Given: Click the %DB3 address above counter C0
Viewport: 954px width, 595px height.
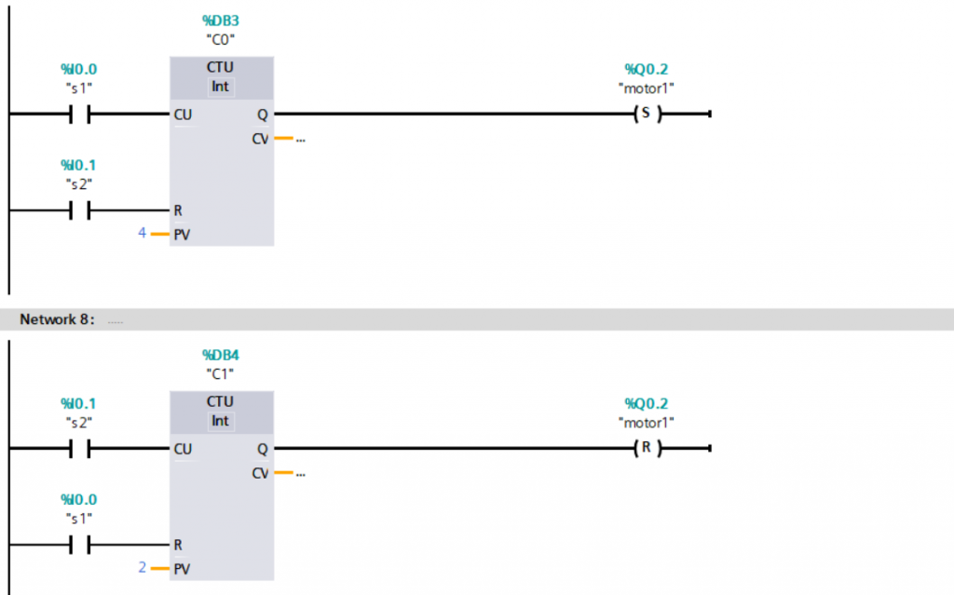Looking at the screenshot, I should (x=220, y=20).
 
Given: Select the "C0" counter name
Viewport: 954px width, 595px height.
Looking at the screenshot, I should (x=220, y=39).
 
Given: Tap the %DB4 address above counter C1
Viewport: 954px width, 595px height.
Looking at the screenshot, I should (x=220, y=355).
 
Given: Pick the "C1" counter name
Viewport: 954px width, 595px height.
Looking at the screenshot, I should (x=220, y=373).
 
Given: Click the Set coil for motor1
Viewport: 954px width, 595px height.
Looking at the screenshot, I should (x=645, y=114).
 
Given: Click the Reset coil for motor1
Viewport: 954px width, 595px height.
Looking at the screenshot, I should (x=645, y=449).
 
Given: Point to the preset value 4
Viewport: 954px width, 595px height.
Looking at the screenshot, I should (x=142, y=233).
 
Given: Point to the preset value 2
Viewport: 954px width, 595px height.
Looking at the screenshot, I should (x=142, y=567).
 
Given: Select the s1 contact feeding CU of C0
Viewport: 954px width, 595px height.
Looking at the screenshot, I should (x=78, y=115).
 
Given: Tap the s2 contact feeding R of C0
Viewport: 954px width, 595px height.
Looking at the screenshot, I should (x=78, y=210).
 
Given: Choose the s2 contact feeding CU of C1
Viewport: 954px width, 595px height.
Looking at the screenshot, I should (x=78, y=449).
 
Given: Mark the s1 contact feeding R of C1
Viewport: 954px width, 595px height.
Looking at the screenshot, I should (x=78, y=545).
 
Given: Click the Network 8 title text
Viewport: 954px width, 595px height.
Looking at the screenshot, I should (x=57, y=319).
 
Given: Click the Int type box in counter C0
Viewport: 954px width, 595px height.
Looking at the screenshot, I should (x=220, y=87).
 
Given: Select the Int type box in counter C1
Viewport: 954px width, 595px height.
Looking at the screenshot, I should (x=220, y=421).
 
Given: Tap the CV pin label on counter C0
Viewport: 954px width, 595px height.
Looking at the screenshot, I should (x=260, y=139).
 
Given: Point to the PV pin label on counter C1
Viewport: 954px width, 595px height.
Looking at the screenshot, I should (x=182, y=569).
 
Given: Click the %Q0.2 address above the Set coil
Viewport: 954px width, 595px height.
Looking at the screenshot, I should (x=646, y=69).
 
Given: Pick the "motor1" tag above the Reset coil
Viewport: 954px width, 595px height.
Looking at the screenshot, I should (x=646, y=423).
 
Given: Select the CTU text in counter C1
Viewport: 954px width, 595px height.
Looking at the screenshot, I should (x=220, y=402).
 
